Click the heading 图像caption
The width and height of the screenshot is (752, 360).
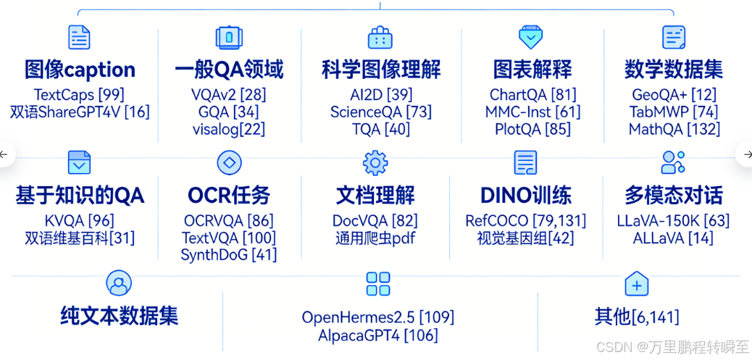(80, 70)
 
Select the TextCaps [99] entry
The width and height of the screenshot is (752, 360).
(80, 95)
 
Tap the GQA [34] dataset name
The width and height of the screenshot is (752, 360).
(228, 112)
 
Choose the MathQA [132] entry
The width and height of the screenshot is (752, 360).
(674, 130)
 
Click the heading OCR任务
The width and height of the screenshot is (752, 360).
(228, 195)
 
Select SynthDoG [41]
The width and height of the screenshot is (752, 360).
(228, 255)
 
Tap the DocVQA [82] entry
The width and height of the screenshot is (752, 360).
(375, 221)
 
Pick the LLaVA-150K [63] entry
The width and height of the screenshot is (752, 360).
(673, 221)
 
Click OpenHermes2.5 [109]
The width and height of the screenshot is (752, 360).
(377, 317)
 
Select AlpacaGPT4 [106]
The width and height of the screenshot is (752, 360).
(377, 335)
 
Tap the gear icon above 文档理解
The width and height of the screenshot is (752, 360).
(375, 163)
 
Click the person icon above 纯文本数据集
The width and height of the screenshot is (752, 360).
(119, 283)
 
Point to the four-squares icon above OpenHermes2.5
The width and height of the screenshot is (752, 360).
(378, 284)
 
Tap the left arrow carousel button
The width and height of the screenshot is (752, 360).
(6, 154)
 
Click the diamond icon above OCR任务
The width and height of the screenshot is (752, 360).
(230, 163)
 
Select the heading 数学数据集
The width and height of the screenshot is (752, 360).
(674, 70)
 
